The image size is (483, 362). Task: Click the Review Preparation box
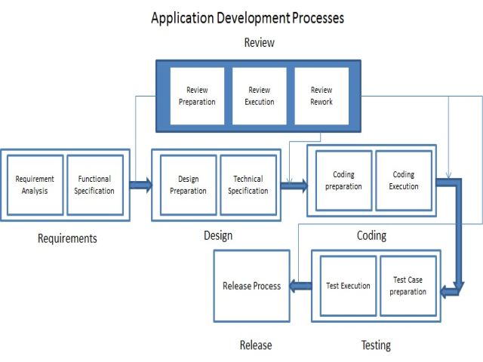click(x=197, y=96)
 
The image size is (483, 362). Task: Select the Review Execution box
click(x=260, y=96)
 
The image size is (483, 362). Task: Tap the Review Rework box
click(x=321, y=96)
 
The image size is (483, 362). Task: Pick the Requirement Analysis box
click(x=35, y=185)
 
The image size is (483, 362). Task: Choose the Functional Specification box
click(x=94, y=185)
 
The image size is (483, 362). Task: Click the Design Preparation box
click(x=188, y=185)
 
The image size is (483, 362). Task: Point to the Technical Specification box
click(x=248, y=185)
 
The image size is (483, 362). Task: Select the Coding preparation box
click(x=343, y=180)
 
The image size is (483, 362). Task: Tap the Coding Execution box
click(x=404, y=180)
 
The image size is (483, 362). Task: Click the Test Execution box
click(x=348, y=286)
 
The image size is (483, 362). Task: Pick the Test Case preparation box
click(x=408, y=286)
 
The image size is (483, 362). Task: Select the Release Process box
click(x=251, y=286)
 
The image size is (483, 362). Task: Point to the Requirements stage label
click(x=67, y=238)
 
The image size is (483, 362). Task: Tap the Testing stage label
click(x=376, y=345)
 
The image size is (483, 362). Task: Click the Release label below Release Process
click(x=256, y=345)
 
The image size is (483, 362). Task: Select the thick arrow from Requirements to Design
click(x=140, y=185)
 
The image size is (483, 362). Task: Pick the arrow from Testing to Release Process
click(x=301, y=286)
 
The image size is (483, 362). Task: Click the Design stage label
click(x=218, y=235)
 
